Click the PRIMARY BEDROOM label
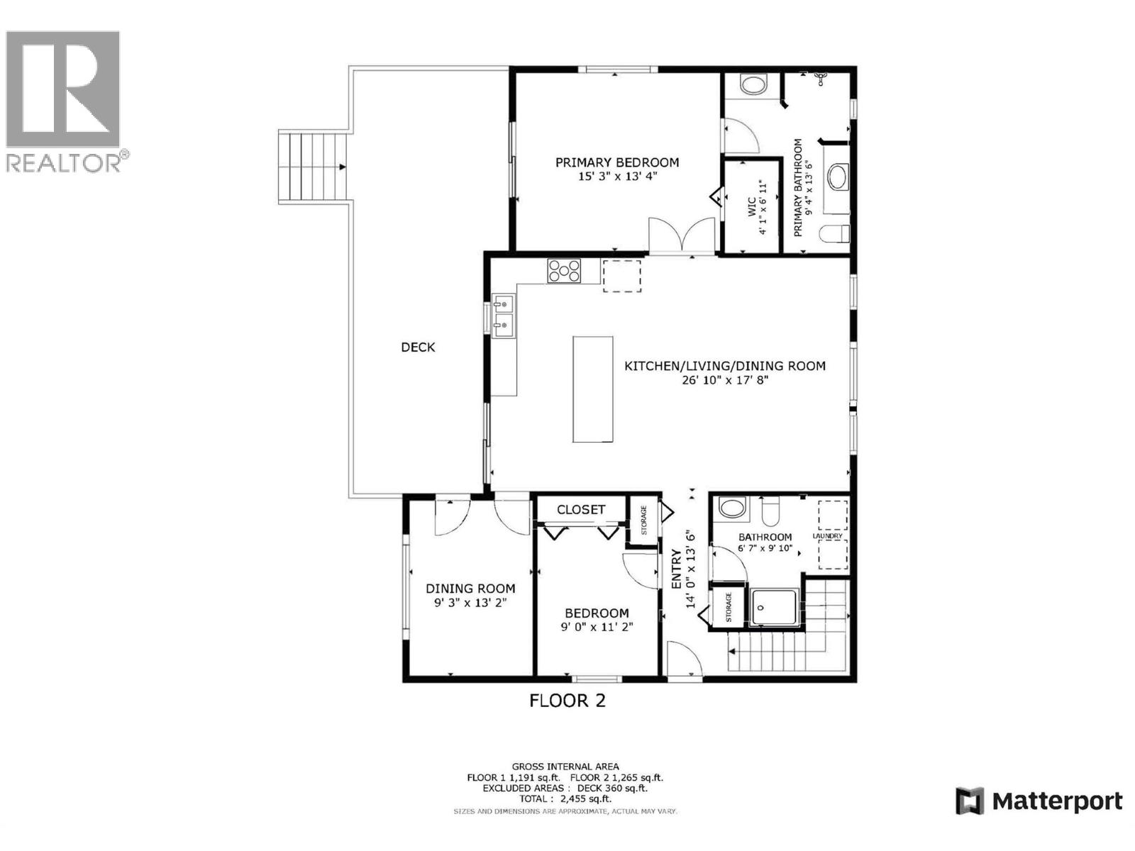(616, 162)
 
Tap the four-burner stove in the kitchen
(564, 271)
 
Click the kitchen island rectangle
(593, 389)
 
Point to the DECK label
(418, 347)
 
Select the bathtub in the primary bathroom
(838, 177)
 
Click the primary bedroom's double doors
(682, 235)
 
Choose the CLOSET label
(581, 510)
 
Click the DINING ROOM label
(470, 589)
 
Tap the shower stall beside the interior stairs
(773, 607)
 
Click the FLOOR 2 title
(567, 701)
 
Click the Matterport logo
(1039, 801)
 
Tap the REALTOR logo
(64, 99)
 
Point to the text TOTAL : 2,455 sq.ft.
(565, 799)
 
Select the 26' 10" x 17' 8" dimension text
(724, 380)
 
